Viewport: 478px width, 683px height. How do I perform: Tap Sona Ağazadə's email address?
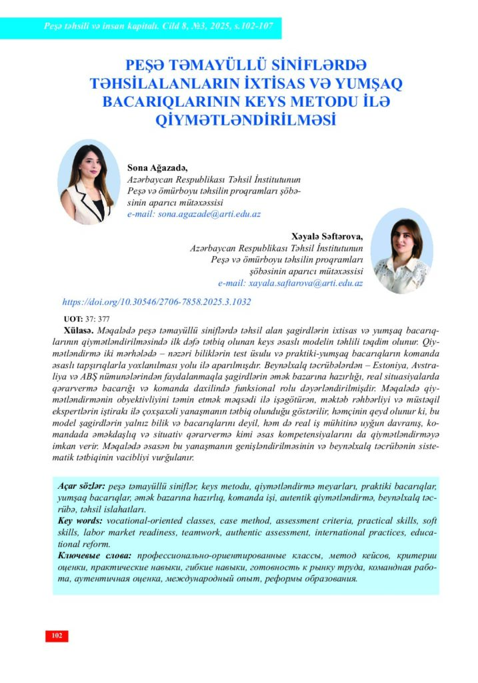[193, 215]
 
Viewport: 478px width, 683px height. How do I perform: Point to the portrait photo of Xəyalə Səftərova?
[402, 252]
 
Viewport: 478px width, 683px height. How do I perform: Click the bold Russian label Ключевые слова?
[94, 556]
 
